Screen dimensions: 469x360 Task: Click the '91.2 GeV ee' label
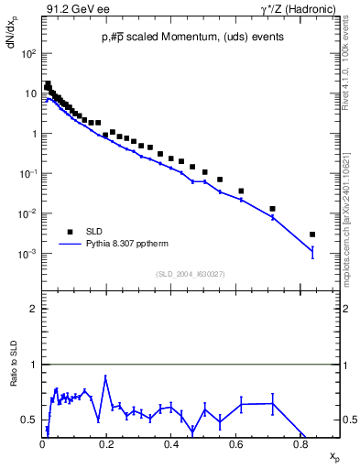(71, 10)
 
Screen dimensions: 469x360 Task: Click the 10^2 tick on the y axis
(29, 53)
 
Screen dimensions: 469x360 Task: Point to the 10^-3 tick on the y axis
(29, 254)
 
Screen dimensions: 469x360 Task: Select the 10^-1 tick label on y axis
(29, 174)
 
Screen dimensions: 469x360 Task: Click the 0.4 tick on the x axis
(171, 443)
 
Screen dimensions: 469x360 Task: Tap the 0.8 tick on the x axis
(300, 443)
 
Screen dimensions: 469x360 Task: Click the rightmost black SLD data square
(312, 234)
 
